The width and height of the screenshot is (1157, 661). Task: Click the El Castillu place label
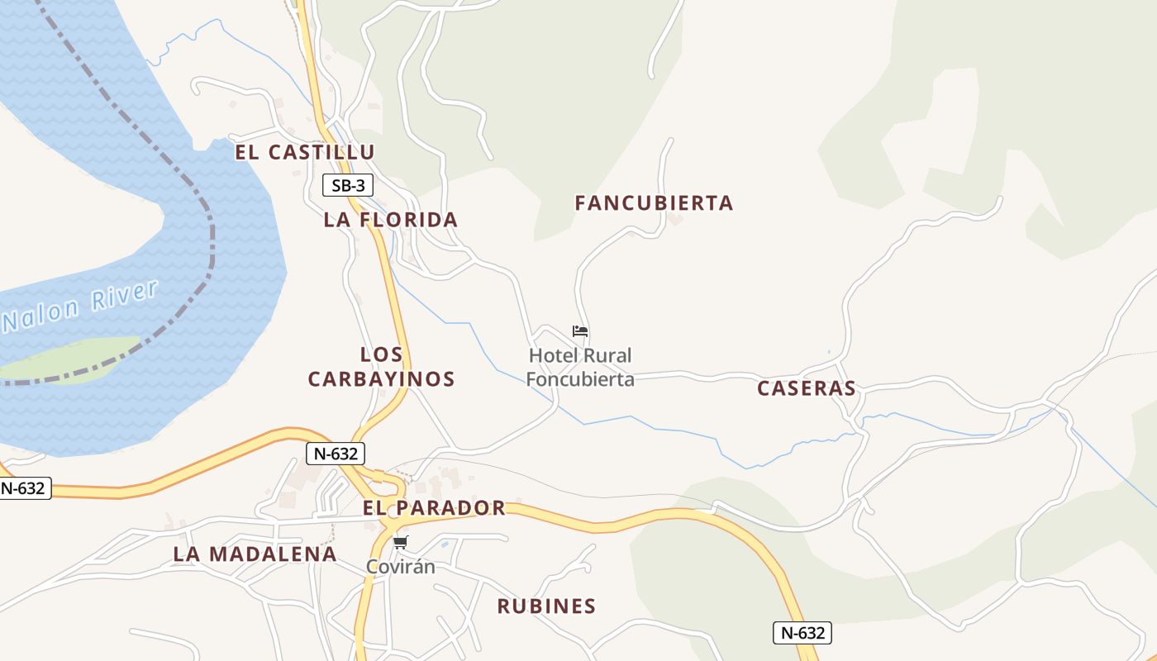[304, 152]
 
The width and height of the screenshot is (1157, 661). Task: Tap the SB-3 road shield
[347, 185]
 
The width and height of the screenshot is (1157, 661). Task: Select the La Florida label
[390, 220]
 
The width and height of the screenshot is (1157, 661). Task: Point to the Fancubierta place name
[654, 203]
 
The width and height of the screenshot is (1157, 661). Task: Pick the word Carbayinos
[381, 379]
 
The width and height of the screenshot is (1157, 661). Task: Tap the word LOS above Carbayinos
[382, 355]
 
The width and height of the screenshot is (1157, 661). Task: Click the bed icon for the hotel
[580, 331]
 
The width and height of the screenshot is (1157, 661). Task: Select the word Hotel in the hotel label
[554, 356]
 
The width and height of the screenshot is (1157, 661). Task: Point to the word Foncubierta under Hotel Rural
[580, 379]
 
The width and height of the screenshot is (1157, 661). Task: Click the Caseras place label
[806, 388]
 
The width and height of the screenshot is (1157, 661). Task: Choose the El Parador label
[434, 508]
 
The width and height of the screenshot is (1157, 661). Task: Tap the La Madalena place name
[255, 554]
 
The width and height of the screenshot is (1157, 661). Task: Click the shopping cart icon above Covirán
[401, 542]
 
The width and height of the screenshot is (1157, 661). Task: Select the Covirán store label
[401, 567]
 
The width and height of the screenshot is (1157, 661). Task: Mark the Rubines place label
[546, 606]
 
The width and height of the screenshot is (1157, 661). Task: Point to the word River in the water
[125, 297]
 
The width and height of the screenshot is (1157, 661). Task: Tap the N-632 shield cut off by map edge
[24, 488]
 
